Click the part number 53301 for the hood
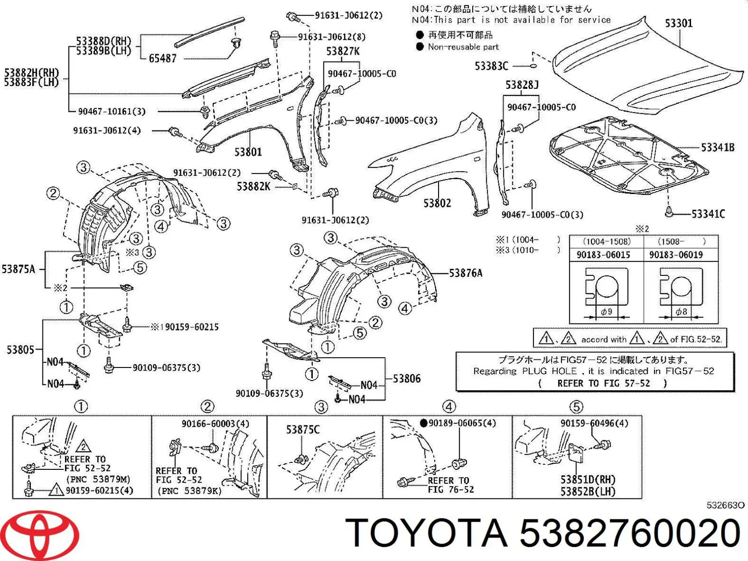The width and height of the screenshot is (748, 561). click(678, 23)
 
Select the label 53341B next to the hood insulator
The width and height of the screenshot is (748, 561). click(717, 148)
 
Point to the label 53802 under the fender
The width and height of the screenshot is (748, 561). click(437, 203)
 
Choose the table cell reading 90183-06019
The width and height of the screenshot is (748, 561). click(680, 255)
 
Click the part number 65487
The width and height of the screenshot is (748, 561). click(162, 58)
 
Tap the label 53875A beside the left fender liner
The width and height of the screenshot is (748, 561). click(18, 269)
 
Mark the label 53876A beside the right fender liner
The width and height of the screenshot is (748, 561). click(465, 273)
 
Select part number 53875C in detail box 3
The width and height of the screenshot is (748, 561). click(303, 429)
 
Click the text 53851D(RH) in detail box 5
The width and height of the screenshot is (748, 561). click(588, 480)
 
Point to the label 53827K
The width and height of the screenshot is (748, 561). click(343, 51)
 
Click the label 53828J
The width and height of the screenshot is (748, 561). click(522, 85)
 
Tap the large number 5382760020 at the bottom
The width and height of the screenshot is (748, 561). click(630, 533)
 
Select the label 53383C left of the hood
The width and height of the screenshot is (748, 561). click(491, 66)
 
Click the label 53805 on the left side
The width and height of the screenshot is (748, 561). click(20, 349)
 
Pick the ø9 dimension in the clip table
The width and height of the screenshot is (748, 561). click(606, 312)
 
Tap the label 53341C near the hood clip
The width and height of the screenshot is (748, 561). click(708, 214)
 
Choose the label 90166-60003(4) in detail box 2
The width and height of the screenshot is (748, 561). click(215, 424)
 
